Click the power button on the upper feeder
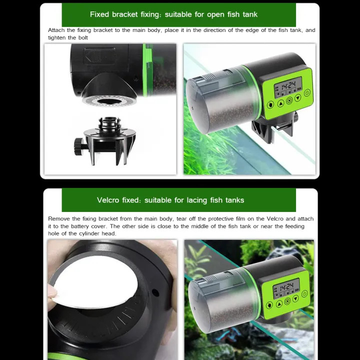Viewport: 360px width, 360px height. (306, 92)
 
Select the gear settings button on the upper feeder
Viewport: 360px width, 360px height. (289, 100)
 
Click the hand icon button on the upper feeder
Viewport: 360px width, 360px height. (270, 105)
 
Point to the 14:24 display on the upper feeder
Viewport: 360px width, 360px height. (287, 85)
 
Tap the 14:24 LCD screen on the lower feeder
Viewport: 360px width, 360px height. (286, 287)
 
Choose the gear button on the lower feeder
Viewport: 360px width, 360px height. (287, 301)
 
